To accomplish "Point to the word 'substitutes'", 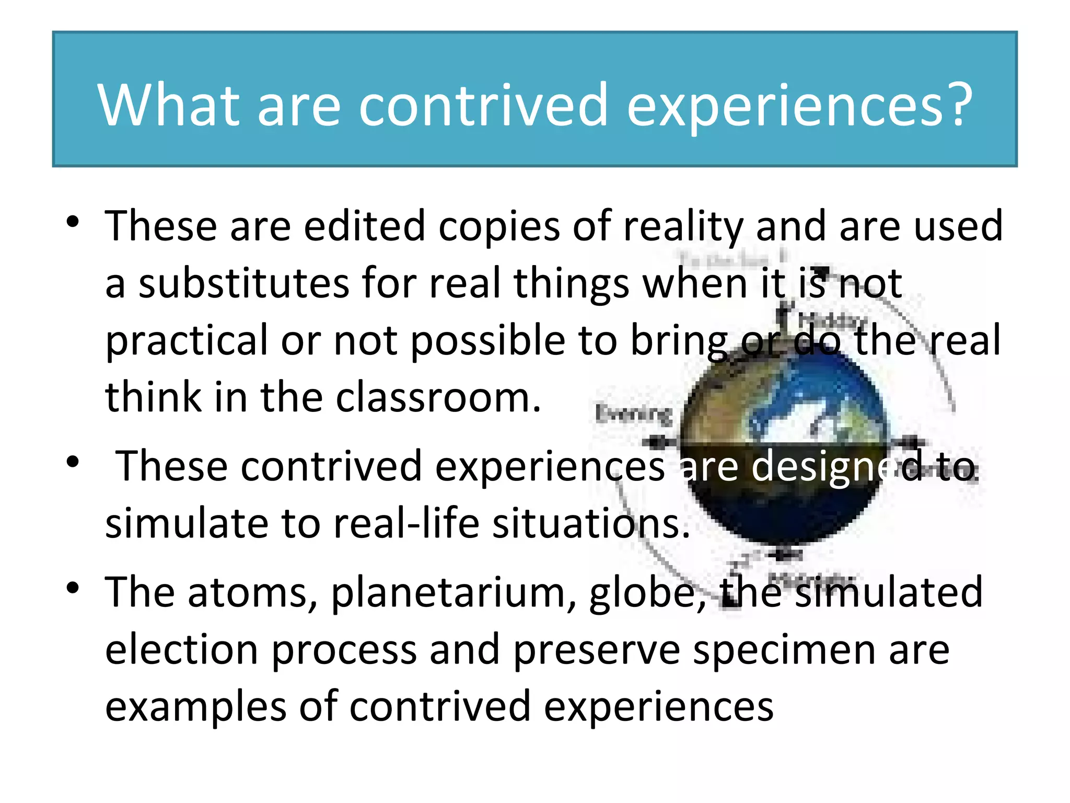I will pos(243,283).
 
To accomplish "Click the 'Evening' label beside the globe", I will pos(634,414).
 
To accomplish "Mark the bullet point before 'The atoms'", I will pos(73,588).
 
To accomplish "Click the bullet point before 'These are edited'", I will pos(73,222).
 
